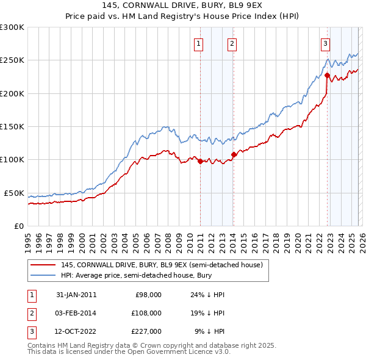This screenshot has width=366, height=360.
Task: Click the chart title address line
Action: [182, 5]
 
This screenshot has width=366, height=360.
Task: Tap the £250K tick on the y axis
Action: [12, 60]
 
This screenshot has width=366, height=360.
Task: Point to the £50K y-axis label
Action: [13, 193]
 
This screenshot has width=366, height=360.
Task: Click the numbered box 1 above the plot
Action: [199, 43]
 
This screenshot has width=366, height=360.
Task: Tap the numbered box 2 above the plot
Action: [232, 43]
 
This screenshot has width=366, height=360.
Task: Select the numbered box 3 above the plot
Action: [326, 43]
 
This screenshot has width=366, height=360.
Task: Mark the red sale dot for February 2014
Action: [234, 154]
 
